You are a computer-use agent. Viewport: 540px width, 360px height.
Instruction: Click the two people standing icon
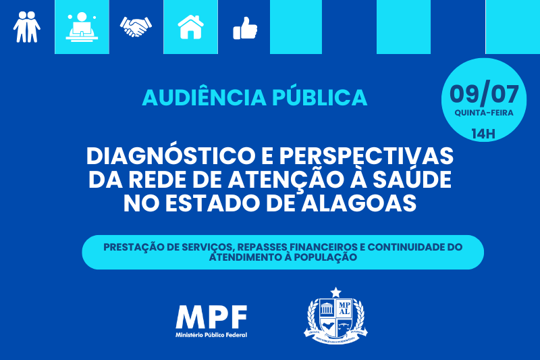coord(27,27)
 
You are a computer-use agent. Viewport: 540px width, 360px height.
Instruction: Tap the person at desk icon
coord(82,26)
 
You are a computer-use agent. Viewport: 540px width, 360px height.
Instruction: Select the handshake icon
coord(136,26)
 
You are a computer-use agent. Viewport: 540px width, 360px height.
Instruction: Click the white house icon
coord(190,27)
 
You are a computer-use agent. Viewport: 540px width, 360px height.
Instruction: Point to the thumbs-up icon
coord(245,28)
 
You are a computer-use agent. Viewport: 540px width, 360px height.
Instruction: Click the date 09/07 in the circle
coord(484,94)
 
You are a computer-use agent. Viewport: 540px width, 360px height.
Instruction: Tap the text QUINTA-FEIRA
coord(484,113)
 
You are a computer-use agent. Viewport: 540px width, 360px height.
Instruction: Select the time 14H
coord(483,134)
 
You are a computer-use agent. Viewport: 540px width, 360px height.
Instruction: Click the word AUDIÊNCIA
coord(205,97)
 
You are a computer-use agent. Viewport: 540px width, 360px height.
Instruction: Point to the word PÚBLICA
coord(319,97)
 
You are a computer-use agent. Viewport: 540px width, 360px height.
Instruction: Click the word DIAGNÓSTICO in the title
coord(170,155)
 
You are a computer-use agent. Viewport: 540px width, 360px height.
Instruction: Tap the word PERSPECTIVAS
coord(366,156)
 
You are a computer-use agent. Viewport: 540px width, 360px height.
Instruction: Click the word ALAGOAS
coord(359,203)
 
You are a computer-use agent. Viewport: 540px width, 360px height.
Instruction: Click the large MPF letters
coord(211,317)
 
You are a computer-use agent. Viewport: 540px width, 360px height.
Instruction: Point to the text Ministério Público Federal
coord(211,335)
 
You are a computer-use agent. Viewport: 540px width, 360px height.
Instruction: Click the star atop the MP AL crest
coord(335,293)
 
